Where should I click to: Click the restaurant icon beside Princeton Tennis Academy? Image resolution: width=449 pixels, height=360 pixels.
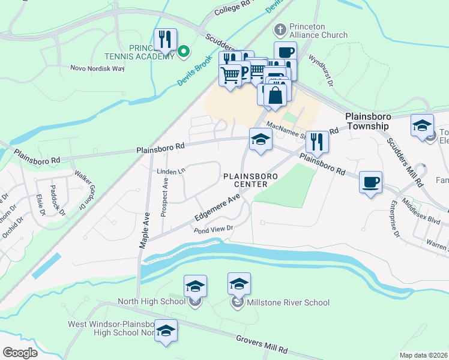[164, 40]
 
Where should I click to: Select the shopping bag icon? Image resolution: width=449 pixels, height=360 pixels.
[275, 95]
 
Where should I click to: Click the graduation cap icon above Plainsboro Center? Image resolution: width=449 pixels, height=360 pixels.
[261, 140]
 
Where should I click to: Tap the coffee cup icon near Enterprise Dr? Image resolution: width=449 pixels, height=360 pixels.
[370, 181]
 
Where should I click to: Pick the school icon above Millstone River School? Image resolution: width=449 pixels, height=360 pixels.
[239, 284]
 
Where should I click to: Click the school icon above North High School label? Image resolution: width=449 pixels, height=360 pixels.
[195, 286]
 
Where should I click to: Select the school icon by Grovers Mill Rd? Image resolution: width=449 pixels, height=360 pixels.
[166, 331]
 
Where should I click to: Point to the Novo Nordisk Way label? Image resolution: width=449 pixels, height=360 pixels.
[97, 68]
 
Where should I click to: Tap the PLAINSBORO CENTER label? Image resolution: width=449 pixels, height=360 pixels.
[245, 180]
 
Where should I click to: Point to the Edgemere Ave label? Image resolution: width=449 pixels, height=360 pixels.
[217, 207]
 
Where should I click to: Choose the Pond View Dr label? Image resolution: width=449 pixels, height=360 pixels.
[212, 229]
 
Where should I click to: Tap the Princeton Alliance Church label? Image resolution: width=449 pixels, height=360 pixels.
[318, 31]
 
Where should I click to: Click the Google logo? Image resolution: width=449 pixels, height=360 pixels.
[20, 352]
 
